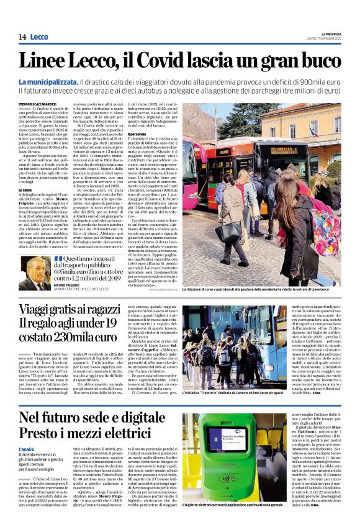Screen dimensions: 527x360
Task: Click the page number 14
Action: [x=22, y=37]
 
